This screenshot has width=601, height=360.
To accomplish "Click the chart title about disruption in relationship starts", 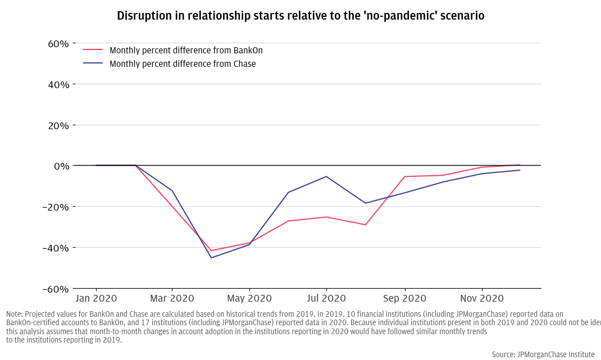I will (x=300, y=16).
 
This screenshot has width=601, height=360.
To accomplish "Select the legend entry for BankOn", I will (x=185, y=51).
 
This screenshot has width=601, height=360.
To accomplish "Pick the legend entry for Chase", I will (x=182, y=64).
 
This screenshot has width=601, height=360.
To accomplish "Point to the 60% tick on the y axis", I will (x=58, y=44).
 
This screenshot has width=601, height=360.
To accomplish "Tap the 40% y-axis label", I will (x=58, y=85).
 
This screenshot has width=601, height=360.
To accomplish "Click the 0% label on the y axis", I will (x=62, y=166).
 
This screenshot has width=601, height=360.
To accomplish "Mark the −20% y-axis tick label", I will (x=56, y=207).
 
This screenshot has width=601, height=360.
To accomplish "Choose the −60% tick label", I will (x=56, y=289).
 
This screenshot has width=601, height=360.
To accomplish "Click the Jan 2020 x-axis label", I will (x=96, y=298).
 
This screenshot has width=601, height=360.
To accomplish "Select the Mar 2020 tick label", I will (x=172, y=298).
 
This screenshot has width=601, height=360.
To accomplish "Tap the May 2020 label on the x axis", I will (x=249, y=298).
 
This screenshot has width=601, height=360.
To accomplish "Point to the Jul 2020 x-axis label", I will (x=326, y=298).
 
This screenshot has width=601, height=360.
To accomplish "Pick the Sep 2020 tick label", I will (x=404, y=298).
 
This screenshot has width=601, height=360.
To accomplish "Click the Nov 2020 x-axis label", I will (x=481, y=298).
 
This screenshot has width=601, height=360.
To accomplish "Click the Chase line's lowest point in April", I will (x=211, y=258).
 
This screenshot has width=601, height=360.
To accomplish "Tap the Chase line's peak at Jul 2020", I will (x=326, y=176).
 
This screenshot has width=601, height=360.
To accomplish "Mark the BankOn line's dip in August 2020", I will (x=366, y=225).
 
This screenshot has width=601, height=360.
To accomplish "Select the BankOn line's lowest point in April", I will (x=211, y=250).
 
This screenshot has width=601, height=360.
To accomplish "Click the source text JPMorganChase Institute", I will (x=543, y=354).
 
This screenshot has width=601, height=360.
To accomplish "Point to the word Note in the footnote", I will (x=15, y=314).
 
